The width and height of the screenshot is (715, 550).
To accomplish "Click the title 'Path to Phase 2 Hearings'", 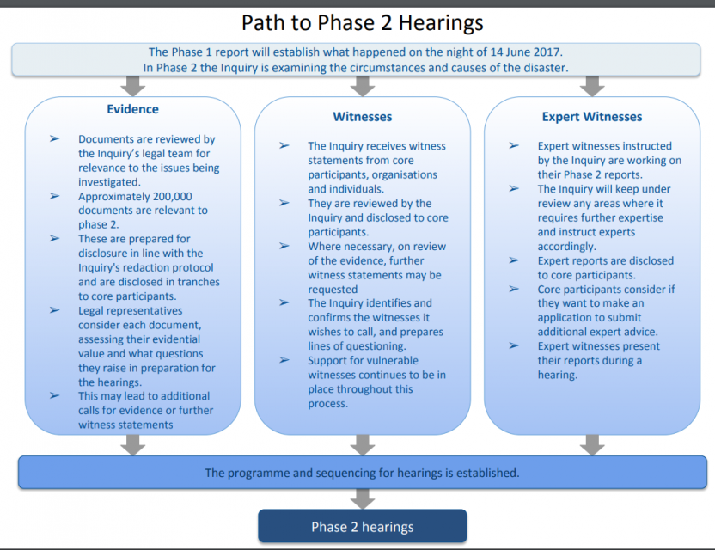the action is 362,23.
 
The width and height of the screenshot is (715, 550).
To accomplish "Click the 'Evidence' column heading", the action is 132,109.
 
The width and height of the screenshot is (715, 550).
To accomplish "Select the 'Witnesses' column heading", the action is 363,117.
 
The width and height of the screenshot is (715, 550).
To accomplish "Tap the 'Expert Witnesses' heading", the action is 592,117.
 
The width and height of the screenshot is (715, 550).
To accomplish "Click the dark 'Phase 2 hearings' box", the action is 363,526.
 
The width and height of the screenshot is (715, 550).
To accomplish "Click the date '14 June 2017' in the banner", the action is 526,52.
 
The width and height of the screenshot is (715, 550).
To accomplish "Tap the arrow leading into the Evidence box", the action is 132,86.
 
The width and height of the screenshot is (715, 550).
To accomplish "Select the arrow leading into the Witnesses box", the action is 363,86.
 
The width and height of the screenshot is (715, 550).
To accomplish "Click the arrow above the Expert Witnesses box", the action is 592,86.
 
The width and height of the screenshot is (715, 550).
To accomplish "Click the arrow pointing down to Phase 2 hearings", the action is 363,499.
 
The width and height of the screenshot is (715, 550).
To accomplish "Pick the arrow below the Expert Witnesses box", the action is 592,445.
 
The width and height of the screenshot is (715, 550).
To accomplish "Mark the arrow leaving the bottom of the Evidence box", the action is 132,445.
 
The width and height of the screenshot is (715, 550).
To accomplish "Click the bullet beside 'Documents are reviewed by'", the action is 55,138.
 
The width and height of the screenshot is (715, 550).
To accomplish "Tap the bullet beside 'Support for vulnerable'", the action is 284,360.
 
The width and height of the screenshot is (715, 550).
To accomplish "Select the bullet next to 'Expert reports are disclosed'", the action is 514,260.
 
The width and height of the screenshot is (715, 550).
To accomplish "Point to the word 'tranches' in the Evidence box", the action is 199,282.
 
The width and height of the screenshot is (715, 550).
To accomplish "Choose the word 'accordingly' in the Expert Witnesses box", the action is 566,247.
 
